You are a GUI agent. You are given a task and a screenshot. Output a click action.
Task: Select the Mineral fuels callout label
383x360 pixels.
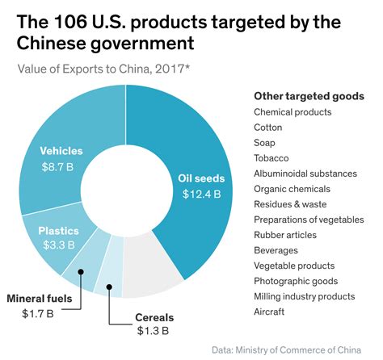pos(40,298)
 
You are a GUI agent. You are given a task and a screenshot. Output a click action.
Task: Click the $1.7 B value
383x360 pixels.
pos(40,313)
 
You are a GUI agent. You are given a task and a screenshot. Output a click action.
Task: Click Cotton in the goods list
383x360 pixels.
pos(268,128)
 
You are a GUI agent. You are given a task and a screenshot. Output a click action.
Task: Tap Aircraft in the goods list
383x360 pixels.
pos(270,312)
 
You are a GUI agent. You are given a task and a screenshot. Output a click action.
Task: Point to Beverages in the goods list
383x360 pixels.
pos(276,250)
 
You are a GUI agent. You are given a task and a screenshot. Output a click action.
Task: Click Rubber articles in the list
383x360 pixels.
pos(284,235)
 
